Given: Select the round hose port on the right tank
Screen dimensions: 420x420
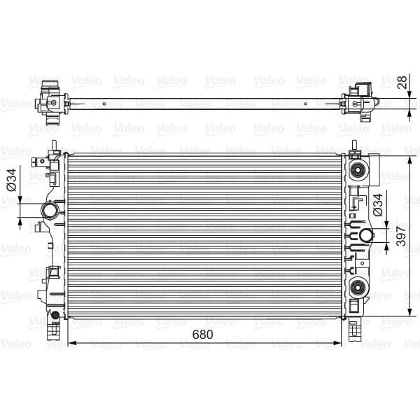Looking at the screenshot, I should (x=365, y=235).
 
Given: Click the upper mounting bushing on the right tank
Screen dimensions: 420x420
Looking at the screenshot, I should (x=359, y=171).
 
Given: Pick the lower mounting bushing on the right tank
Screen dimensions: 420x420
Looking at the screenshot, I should (x=359, y=285).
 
